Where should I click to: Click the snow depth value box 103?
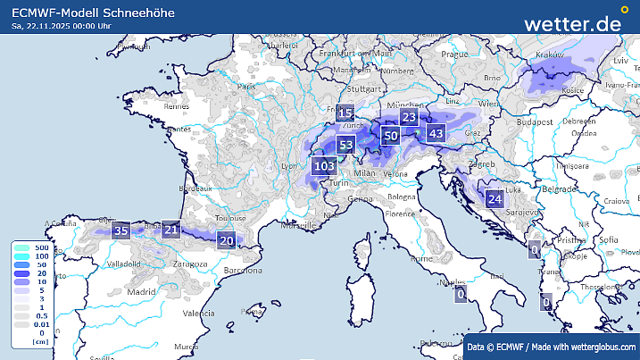click(x=324, y=165)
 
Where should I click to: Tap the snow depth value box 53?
click(x=346, y=145)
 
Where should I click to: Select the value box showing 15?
click(x=345, y=113)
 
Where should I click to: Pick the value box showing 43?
click(x=436, y=133)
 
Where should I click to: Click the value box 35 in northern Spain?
click(x=122, y=231)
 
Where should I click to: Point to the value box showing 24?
click(x=495, y=198)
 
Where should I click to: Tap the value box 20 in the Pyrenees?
click(x=227, y=239)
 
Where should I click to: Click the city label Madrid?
click(x=141, y=291)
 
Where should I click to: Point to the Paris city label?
click(x=245, y=87)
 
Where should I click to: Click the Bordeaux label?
click(x=195, y=188)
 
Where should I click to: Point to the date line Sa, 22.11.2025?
click(x=62, y=26)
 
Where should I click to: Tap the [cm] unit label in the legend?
click(x=39, y=341)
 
